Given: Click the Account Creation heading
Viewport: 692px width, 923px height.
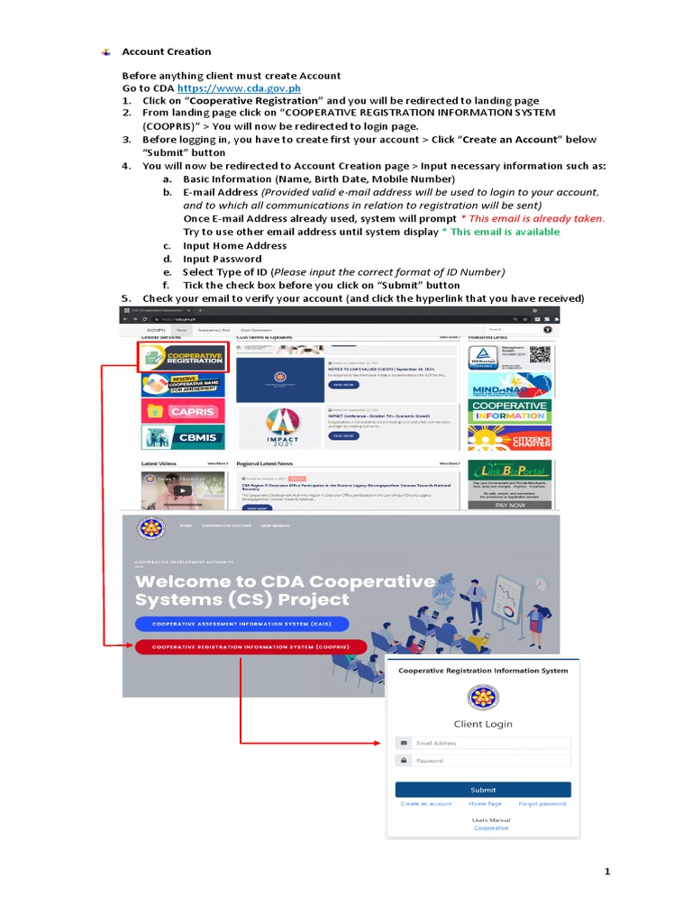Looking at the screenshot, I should pyautogui.click(x=167, y=51).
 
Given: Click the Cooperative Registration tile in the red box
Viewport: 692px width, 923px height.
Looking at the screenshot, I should pyautogui.click(x=183, y=357).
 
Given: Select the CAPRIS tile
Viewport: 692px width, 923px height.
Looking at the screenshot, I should pyautogui.click(x=183, y=411).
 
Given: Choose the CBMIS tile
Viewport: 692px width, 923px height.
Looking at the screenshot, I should pyautogui.click(x=183, y=437).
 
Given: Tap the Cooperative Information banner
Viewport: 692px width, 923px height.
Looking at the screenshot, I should pyautogui.click(x=510, y=411).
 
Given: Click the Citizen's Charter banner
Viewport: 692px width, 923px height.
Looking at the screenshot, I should pyautogui.click(x=510, y=438).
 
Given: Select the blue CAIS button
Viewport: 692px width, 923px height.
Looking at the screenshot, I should pyautogui.click(x=241, y=624).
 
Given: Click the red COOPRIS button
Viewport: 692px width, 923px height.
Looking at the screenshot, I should pyautogui.click(x=250, y=646).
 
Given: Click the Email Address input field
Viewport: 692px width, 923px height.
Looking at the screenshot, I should pyautogui.click(x=490, y=744).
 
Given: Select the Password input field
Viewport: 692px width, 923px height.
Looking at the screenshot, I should pyautogui.click(x=490, y=761).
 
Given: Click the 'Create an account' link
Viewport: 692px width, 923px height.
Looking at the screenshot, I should pyautogui.click(x=426, y=803).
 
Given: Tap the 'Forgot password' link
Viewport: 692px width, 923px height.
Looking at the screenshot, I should pyautogui.click(x=542, y=803).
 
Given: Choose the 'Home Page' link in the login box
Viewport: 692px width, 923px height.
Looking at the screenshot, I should pyautogui.click(x=485, y=803).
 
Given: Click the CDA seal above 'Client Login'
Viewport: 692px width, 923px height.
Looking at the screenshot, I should pyautogui.click(x=484, y=698).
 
